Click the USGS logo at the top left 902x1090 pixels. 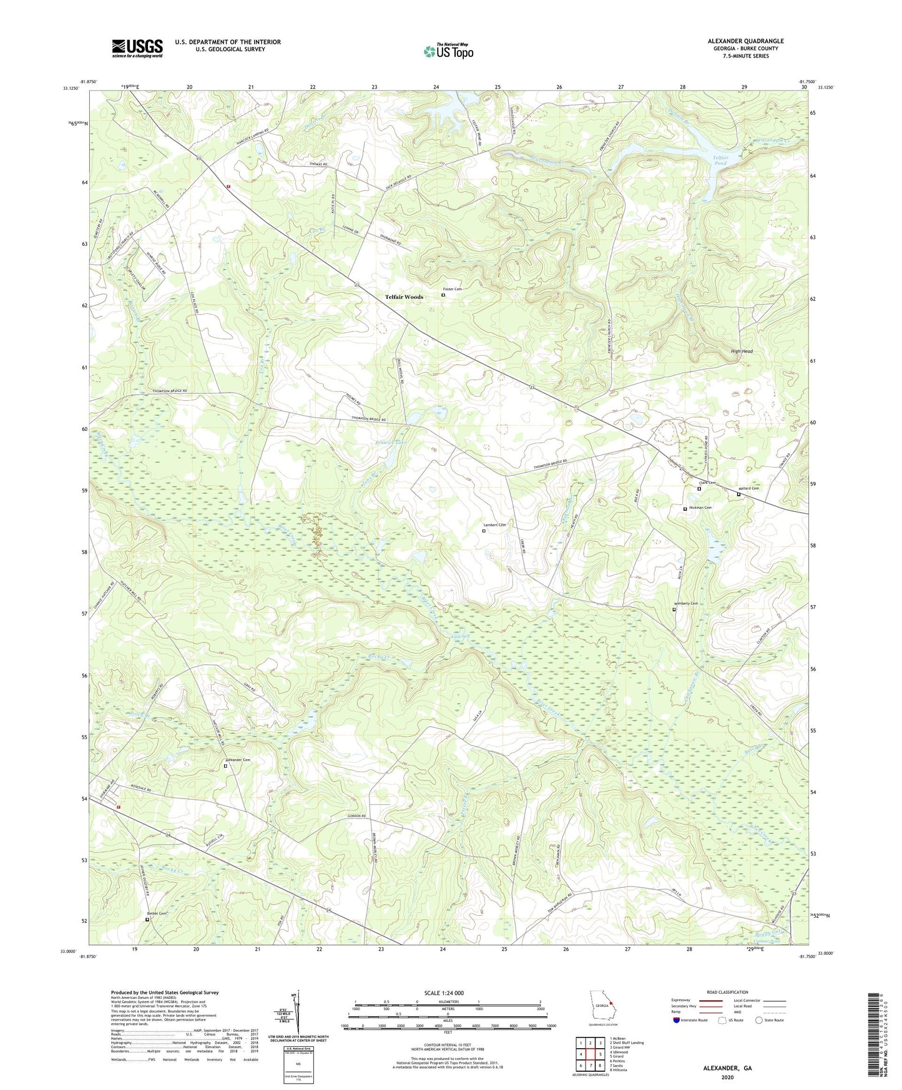pos(137,48)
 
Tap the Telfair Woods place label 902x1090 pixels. pos(404,297)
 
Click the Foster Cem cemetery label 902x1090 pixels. pos(452,289)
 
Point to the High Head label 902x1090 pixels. pos(742,351)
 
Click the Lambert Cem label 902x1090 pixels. pos(494,525)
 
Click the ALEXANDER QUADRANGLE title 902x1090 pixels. pos(745,41)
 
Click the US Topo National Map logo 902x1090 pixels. pos(448,51)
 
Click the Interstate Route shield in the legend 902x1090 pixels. pos(677,1020)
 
